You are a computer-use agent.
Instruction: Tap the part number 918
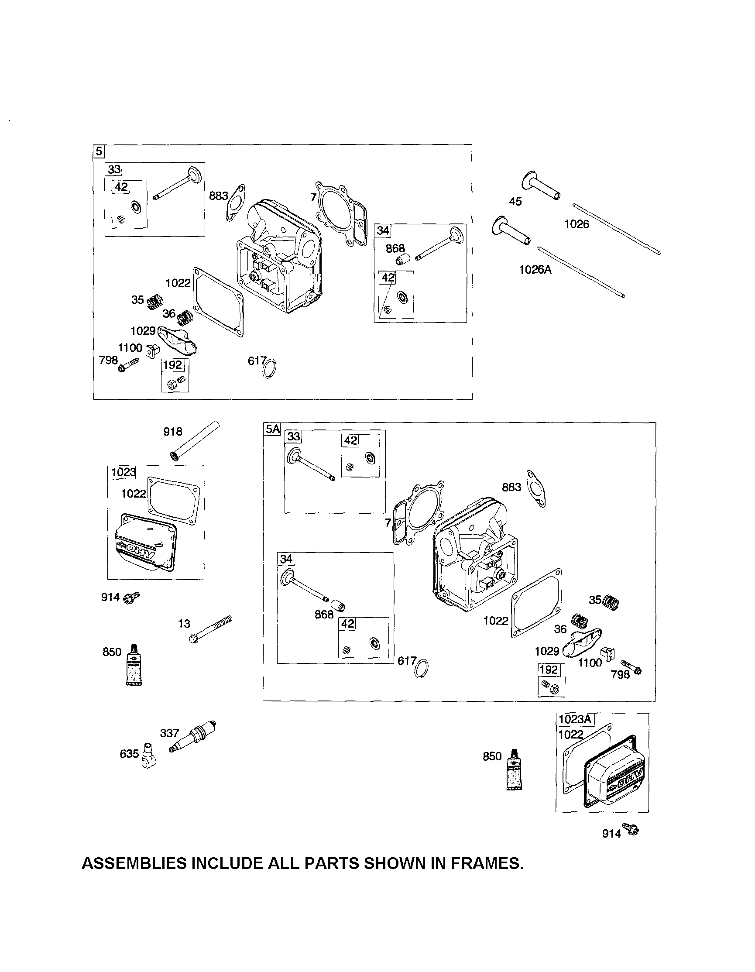click(x=173, y=431)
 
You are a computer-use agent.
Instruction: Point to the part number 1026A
click(x=535, y=270)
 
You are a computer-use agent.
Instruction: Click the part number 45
click(x=515, y=202)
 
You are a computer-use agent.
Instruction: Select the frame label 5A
click(x=272, y=429)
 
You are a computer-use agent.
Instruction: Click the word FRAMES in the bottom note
click(x=487, y=863)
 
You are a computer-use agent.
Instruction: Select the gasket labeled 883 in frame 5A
click(x=536, y=488)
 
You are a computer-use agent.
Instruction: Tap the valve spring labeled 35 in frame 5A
click(x=611, y=603)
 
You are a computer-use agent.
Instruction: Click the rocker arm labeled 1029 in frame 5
click(x=178, y=339)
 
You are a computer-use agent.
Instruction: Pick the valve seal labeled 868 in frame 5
click(x=402, y=259)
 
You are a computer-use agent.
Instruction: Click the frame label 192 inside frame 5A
click(x=549, y=670)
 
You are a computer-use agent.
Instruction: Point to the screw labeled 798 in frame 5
click(x=128, y=364)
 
